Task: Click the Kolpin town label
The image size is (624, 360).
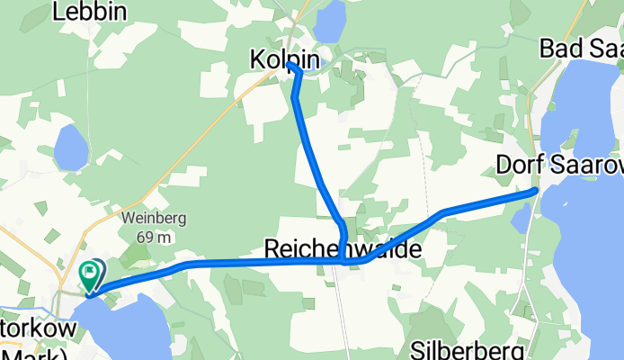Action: tap(283, 59)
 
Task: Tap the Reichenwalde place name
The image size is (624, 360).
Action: tap(342, 248)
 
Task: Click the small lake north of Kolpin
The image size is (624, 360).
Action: tap(330, 18)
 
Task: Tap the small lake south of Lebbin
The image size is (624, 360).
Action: tap(70, 147)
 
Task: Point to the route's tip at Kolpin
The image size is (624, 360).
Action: tap(290, 65)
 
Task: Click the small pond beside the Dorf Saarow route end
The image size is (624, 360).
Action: tap(520, 218)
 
